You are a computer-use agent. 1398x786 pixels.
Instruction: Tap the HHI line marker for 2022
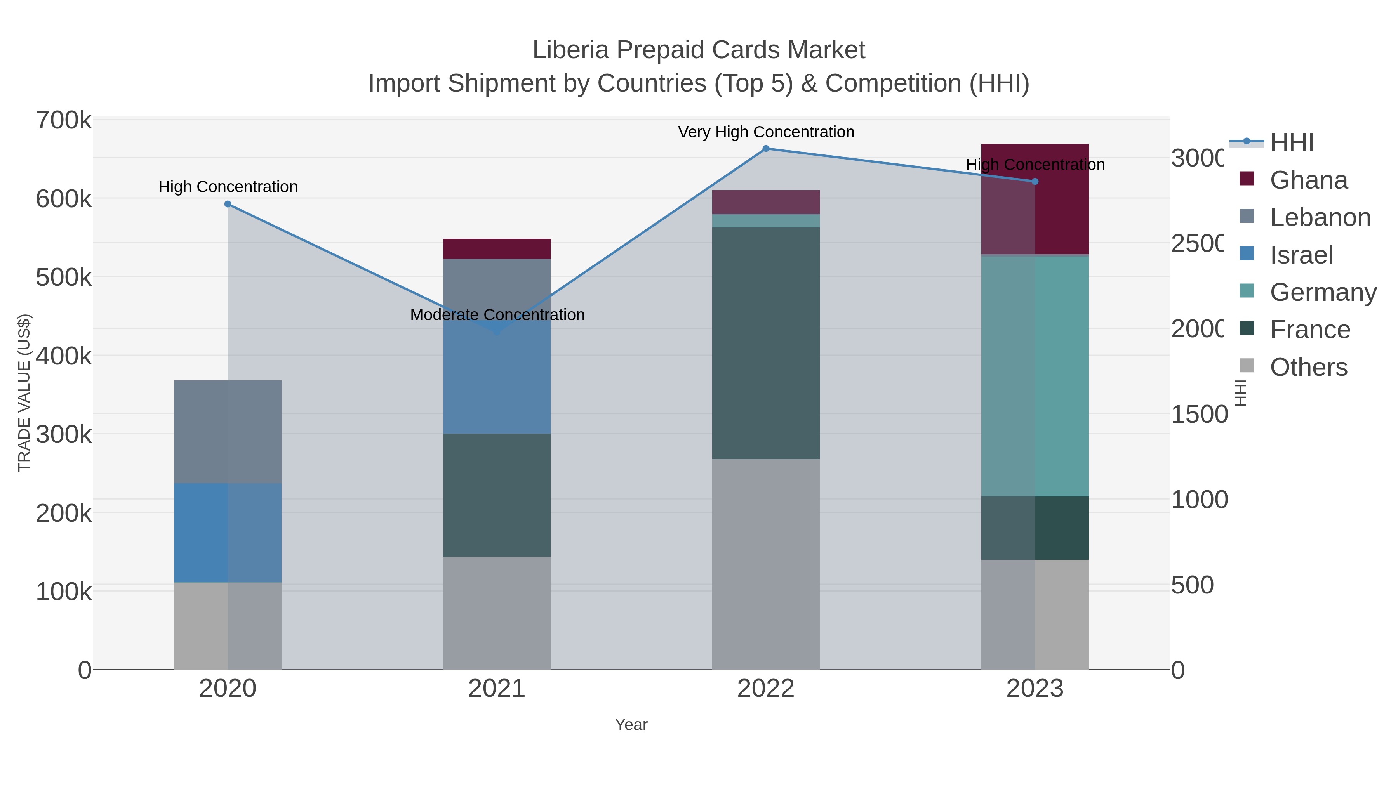tap(766, 149)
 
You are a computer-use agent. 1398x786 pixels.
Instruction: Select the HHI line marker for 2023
tap(1035, 182)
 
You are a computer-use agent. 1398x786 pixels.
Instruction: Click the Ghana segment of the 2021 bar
tap(497, 249)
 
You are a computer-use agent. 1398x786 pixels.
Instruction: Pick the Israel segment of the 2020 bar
tap(228, 533)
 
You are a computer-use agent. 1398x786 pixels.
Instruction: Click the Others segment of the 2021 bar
tap(497, 613)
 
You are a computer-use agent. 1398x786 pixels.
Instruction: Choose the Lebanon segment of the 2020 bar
tap(228, 432)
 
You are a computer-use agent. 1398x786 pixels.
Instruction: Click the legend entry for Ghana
tap(1308, 180)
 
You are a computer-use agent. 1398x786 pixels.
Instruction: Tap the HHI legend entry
tap(1292, 143)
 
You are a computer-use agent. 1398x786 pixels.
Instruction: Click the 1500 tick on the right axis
tap(1198, 415)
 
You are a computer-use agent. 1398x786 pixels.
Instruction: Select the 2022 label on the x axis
tap(766, 689)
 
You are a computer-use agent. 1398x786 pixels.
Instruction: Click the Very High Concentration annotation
tap(766, 132)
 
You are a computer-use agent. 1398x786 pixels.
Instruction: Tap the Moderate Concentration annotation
tap(497, 315)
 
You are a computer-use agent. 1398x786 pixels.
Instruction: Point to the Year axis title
tap(631, 725)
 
